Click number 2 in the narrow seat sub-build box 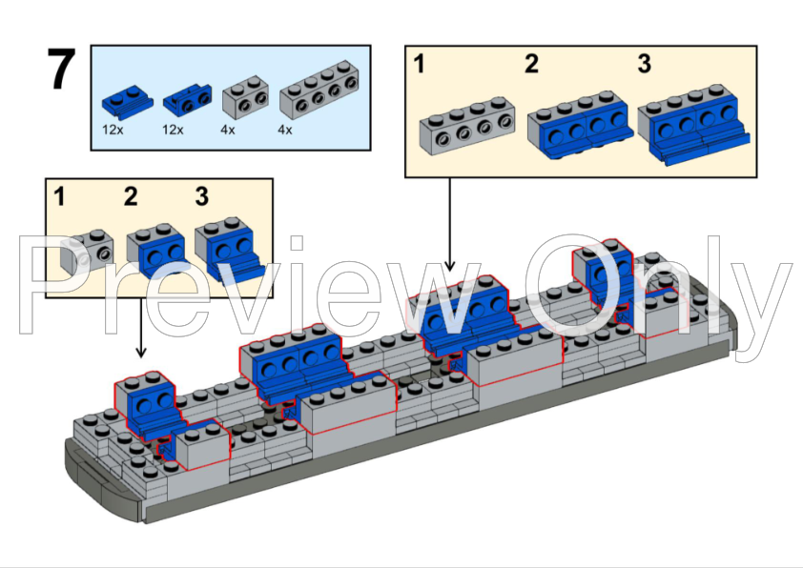[x=131, y=197]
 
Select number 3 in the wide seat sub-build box [x=644, y=65]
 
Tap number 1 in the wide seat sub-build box [x=418, y=65]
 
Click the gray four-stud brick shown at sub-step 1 [x=466, y=125]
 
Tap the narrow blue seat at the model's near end [x=148, y=405]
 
